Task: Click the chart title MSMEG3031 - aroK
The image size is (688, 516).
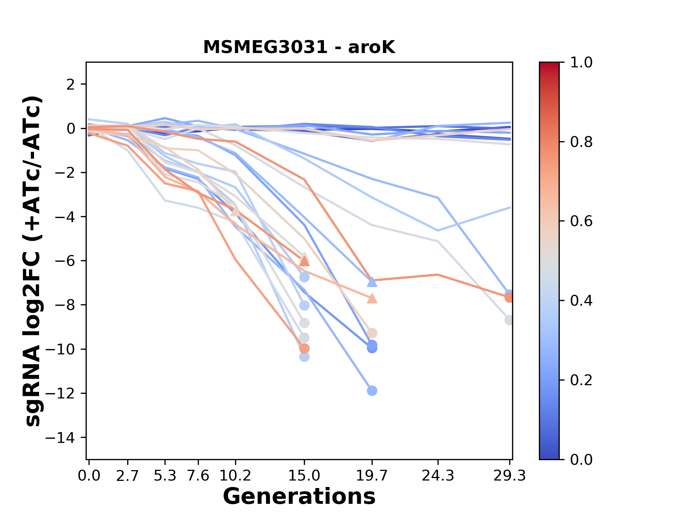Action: (x=299, y=47)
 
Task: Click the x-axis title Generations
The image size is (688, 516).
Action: (x=299, y=497)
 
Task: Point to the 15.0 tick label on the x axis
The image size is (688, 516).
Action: (x=304, y=476)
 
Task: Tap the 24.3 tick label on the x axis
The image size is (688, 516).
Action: (x=438, y=476)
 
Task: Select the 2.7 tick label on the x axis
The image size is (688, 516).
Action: (x=128, y=476)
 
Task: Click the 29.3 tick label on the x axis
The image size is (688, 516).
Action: (x=510, y=476)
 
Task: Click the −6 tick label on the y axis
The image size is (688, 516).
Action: (x=64, y=261)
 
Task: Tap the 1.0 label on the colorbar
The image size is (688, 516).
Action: (x=581, y=63)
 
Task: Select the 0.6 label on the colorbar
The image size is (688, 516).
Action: (x=581, y=221)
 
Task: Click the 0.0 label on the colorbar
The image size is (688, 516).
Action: (x=581, y=459)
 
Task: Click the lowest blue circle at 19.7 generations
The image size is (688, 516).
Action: (x=372, y=391)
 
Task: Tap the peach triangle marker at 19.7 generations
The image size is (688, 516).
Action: (x=372, y=298)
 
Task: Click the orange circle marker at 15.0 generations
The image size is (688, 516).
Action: (x=304, y=348)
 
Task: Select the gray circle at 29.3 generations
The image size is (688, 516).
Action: (x=509, y=320)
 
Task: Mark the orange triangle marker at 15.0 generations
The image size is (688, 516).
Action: (x=304, y=261)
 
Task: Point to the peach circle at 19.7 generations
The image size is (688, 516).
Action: (x=372, y=333)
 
